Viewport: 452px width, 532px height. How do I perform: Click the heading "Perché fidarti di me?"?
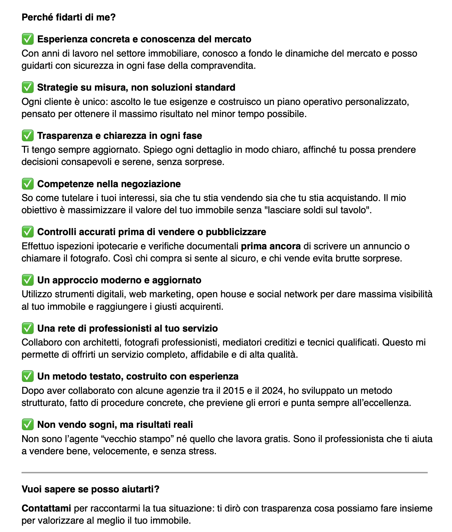(68, 17)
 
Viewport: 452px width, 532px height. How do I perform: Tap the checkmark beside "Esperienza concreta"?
(28, 39)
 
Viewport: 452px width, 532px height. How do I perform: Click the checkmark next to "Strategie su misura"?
(28, 87)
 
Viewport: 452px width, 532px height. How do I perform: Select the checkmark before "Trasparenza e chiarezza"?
(28, 135)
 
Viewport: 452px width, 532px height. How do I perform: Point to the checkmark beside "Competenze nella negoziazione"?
(28, 184)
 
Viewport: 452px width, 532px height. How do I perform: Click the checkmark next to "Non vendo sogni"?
(28, 424)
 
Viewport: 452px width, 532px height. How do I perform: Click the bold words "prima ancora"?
(271, 246)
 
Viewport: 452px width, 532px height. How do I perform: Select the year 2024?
(273, 391)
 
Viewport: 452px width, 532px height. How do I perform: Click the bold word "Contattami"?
(46, 508)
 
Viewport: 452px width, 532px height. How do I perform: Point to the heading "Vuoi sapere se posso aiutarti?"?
(90, 489)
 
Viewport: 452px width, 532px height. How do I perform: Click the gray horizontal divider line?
(225, 472)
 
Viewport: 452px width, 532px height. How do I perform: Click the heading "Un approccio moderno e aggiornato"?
(119, 280)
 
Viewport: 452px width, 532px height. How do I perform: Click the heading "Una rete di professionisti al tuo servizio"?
(127, 328)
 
